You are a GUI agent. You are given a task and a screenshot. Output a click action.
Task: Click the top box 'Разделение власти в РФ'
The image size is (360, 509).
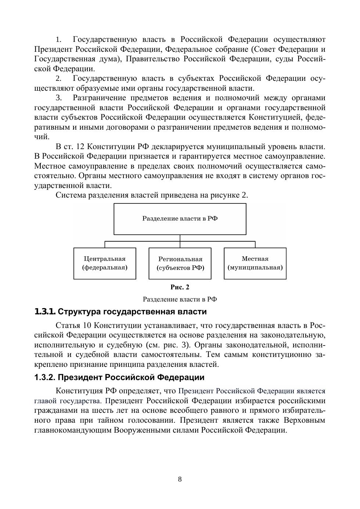(x=180, y=219)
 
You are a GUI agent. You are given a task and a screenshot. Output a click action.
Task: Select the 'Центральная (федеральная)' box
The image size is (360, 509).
(x=105, y=263)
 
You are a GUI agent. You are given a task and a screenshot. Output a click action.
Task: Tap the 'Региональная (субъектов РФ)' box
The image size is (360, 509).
(x=180, y=263)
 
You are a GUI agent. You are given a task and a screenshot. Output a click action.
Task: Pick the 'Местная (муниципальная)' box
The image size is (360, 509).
(x=255, y=263)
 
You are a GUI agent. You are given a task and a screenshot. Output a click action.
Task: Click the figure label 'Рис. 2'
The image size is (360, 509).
(x=180, y=287)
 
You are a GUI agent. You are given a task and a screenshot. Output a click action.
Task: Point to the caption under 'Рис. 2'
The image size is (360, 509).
(x=180, y=299)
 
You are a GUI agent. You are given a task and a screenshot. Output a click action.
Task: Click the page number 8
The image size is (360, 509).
(x=180, y=479)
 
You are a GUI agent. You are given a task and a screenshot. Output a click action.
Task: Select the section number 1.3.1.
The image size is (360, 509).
(x=45, y=312)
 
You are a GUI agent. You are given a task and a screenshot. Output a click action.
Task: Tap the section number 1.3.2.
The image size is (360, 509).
(x=45, y=378)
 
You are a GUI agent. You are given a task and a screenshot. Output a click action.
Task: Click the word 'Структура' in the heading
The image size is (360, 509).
(x=79, y=312)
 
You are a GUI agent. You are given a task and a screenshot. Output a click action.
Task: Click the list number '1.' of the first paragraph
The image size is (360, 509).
(x=59, y=40)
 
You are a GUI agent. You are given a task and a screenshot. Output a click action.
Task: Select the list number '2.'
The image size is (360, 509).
(x=59, y=79)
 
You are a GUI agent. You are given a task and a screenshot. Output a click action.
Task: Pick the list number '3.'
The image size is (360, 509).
(x=59, y=98)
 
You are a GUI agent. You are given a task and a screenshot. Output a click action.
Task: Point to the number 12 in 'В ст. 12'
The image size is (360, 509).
(x=80, y=147)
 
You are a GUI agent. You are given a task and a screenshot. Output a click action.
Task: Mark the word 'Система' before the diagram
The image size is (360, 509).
(x=71, y=195)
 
